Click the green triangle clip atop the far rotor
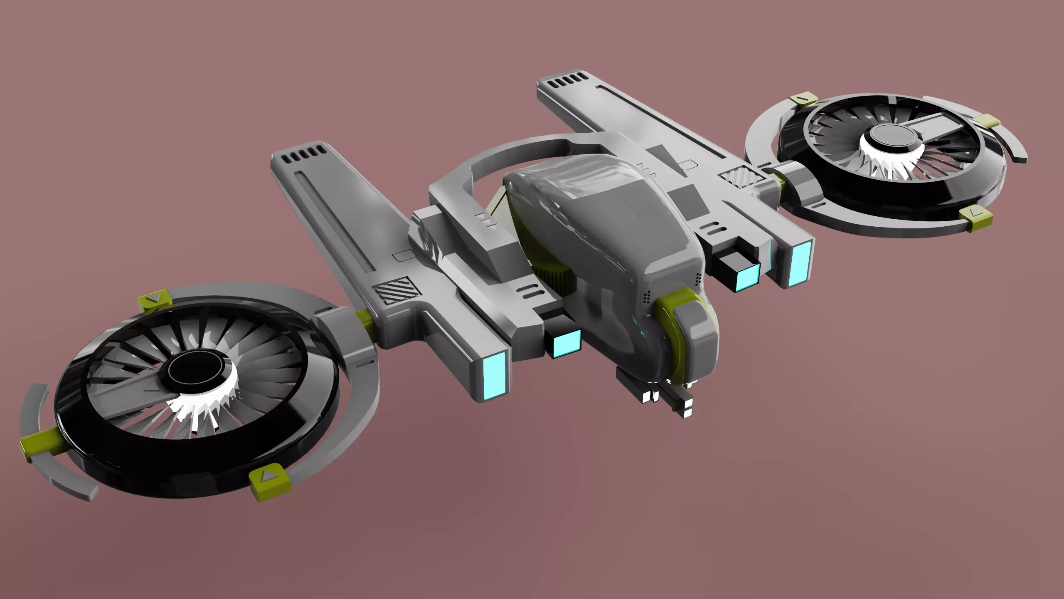pos(803,100)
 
